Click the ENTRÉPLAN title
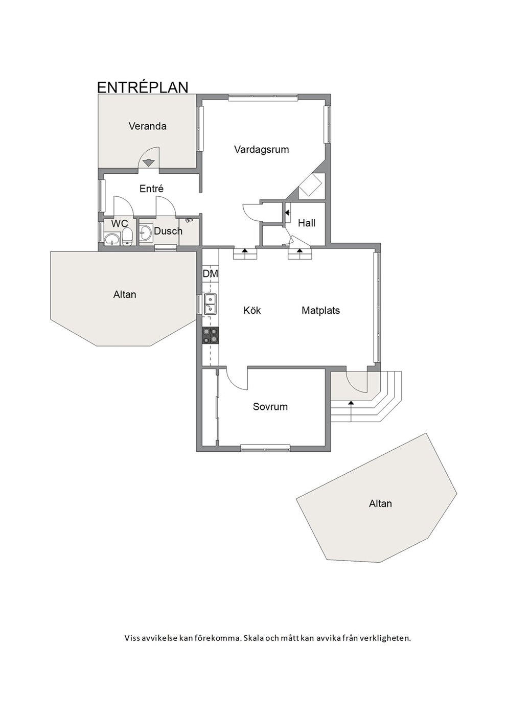[x=143, y=87]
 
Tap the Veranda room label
[x=148, y=126]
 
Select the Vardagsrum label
[x=262, y=150]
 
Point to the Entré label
[x=151, y=189]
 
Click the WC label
[x=120, y=223]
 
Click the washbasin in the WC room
[x=111, y=240]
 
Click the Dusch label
[x=168, y=231]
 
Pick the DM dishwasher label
[x=210, y=274]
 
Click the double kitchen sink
[x=210, y=304]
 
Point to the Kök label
[x=252, y=310]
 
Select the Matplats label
[x=321, y=310]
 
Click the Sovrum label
[x=270, y=406]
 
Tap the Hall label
[x=307, y=223]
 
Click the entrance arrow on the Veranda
[x=148, y=163]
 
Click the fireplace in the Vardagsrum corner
[x=310, y=184]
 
